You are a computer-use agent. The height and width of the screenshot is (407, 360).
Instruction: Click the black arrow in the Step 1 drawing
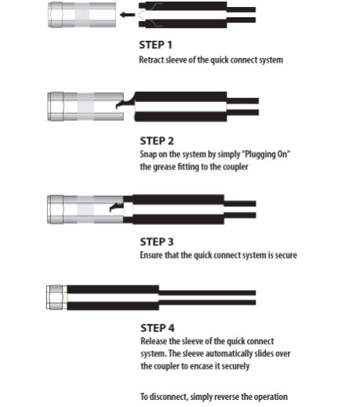tap(127, 15)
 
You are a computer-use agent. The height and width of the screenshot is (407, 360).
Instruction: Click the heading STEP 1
tap(155, 45)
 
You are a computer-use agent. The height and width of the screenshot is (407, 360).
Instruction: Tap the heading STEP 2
tap(157, 141)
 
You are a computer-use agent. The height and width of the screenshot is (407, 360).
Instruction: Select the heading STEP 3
tap(157, 242)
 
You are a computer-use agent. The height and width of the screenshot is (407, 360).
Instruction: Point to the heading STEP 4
tap(158, 329)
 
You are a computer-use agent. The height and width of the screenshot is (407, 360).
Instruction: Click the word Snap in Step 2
tap(148, 154)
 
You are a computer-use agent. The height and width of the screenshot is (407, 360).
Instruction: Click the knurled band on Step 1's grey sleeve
tap(82, 15)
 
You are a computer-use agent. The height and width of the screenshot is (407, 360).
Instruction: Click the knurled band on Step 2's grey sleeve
tap(85, 107)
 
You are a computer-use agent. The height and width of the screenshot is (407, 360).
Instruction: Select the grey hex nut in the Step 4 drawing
tap(56, 297)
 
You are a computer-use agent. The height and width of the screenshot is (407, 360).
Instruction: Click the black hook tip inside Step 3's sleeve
tap(113, 209)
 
